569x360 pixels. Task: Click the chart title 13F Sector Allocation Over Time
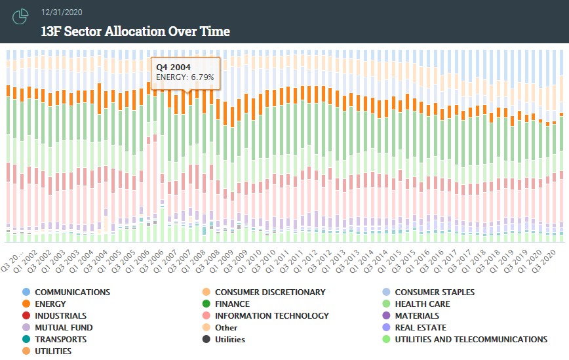[135, 31]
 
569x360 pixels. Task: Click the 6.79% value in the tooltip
[202, 77]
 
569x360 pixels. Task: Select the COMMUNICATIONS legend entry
[72, 292]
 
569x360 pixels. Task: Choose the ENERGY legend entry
[50, 304]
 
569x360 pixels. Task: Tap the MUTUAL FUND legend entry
[64, 327]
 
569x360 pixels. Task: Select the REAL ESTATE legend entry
[420, 327]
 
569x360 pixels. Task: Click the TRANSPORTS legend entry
[60, 339]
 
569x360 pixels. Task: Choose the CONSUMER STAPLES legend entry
[435, 292]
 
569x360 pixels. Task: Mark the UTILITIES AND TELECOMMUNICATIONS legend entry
[471, 339]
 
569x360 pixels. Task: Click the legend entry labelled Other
[226, 327]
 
